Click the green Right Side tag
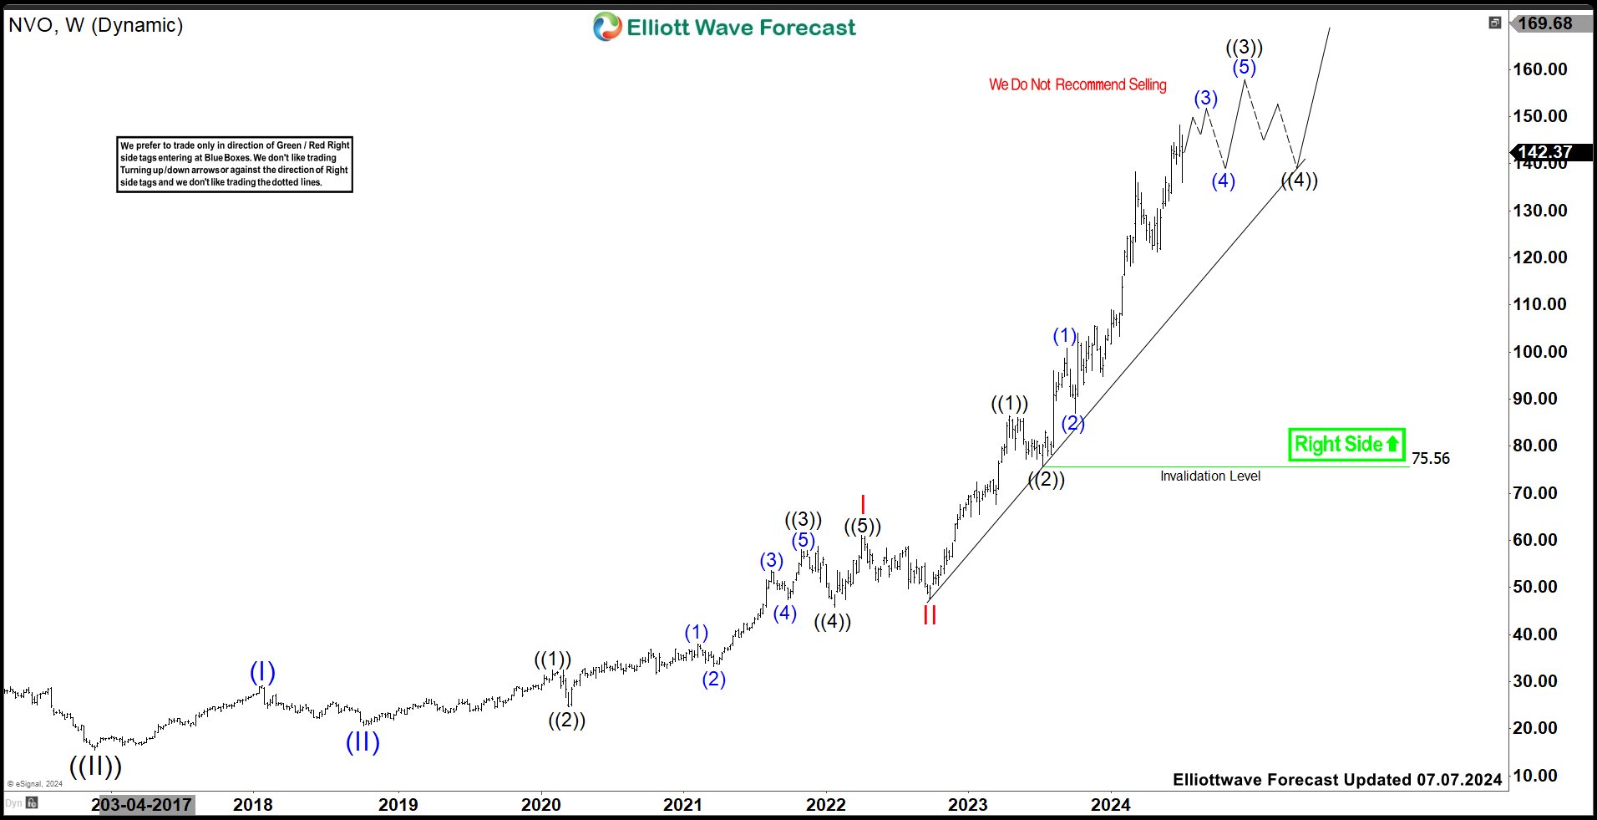pyautogui.click(x=1346, y=444)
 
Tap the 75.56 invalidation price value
pyautogui.click(x=1430, y=458)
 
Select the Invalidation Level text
pyautogui.click(x=1209, y=476)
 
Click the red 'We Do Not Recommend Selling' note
pyautogui.click(x=1077, y=84)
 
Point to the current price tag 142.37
pyautogui.click(x=1544, y=152)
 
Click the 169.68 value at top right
pyautogui.click(x=1544, y=23)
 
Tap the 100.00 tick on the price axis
pyautogui.click(x=1539, y=351)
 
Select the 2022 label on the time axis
pyautogui.click(x=825, y=804)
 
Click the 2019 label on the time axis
pyautogui.click(x=398, y=804)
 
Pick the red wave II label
pyautogui.click(x=930, y=615)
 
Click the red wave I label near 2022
pyautogui.click(x=863, y=505)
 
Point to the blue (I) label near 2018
pyautogui.click(x=262, y=672)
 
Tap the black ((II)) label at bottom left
pyautogui.click(x=95, y=766)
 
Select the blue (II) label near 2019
pyautogui.click(x=362, y=741)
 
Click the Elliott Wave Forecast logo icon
pyautogui.click(x=607, y=27)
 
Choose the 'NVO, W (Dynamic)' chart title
pyautogui.click(x=95, y=25)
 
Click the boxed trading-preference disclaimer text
pyautogui.click(x=234, y=164)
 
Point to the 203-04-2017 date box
pyautogui.click(x=142, y=804)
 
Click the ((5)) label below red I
pyautogui.click(x=862, y=527)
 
